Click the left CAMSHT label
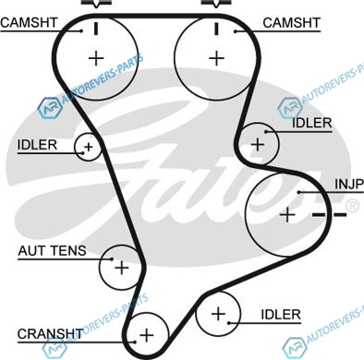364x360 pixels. [29, 23]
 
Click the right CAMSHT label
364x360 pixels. [292, 23]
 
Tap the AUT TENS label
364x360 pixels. [52, 251]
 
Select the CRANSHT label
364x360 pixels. [50, 334]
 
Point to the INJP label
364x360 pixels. [349, 184]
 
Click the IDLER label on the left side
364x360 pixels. [37, 145]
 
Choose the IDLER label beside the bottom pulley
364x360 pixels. [281, 315]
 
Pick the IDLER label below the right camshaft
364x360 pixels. [311, 123]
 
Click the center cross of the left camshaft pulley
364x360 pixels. [96, 58]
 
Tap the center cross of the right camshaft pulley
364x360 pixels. [217, 58]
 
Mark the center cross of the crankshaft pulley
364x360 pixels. [147, 335]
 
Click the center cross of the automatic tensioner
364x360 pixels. [122, 268]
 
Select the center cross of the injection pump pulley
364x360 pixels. [287, 214]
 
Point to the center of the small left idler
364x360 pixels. [89, 147]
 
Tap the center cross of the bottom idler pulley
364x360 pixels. [218, 314]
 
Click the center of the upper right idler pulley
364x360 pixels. [258, 144]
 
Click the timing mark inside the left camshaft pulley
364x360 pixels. [96, 29]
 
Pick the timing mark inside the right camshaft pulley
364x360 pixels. [217, 29]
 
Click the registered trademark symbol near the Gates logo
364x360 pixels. [352, 206]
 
